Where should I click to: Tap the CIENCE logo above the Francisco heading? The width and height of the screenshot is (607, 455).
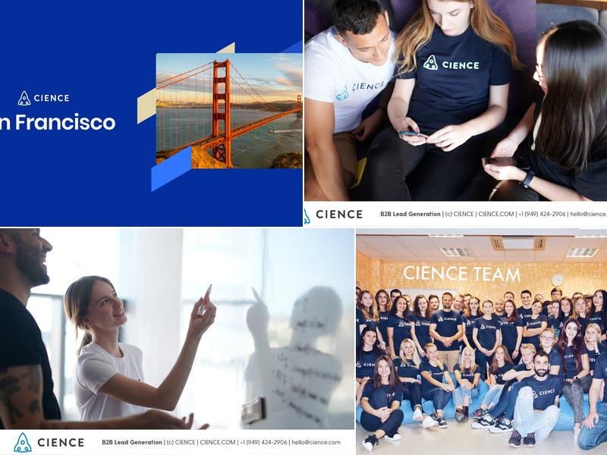[x=43, y=98]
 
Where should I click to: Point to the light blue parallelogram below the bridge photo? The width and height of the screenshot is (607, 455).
[x=171, y=168]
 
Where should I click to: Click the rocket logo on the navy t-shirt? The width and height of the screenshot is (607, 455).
[x=431, y=63]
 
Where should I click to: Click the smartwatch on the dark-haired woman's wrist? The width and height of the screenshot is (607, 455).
[x=527, y=179]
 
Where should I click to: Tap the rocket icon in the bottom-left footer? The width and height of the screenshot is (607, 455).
[x=23, y=442]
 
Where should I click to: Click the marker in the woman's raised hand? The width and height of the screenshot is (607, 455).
[x=204, y=300]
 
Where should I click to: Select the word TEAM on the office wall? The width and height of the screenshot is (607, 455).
[x=494, y=274]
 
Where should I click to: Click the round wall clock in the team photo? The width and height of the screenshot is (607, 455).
[x=558, y=280]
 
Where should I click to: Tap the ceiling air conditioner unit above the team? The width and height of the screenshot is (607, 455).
[x=517, y=243]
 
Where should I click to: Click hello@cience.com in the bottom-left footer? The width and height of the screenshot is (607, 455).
[x=316, y=442]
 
